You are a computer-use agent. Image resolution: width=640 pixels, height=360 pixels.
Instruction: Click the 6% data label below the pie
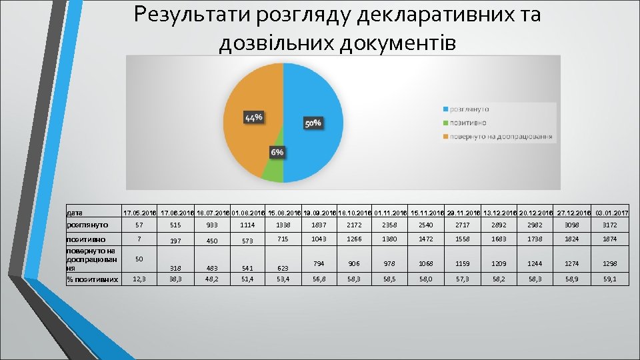277,152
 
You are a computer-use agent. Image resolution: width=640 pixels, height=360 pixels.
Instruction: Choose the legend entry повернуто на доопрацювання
500,137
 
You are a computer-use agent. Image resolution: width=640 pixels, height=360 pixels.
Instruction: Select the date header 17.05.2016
139,213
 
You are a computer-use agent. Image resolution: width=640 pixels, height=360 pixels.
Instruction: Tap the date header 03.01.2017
610,213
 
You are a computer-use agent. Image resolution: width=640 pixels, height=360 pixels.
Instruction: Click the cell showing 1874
609,239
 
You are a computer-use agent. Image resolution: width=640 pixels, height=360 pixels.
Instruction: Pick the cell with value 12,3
139,279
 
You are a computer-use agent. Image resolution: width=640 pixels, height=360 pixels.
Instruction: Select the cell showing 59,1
609,279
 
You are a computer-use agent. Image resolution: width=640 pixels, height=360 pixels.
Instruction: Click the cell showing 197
175,241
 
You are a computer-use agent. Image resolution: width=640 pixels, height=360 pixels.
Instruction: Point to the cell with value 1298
609,263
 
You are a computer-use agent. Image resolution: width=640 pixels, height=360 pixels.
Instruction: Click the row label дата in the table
75,213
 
